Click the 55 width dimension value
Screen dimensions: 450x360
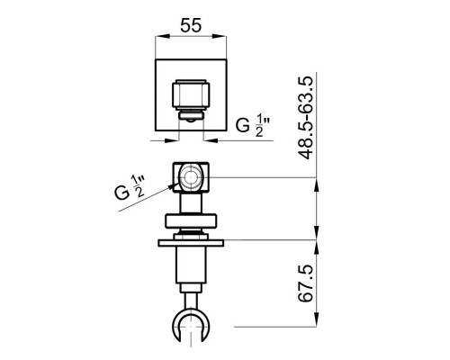tap(191, 25)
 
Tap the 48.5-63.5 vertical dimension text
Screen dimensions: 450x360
tap(306, 118)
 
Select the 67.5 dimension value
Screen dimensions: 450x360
tap(306, 283)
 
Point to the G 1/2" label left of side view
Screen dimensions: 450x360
tap(130, 188)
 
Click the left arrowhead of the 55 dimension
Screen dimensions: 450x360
tap(163, 36)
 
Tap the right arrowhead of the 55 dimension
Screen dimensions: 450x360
tap(220, 36)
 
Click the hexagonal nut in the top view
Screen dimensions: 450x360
tap(191, 94)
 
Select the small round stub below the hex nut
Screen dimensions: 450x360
tap(191, 117)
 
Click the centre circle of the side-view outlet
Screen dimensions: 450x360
tap(189, 177)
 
